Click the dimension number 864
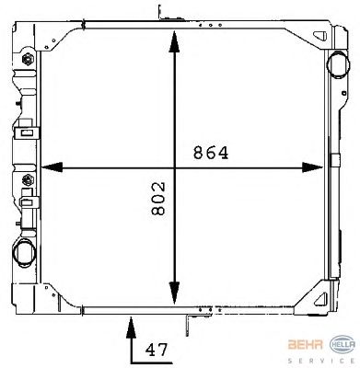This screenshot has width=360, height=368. (211, 153)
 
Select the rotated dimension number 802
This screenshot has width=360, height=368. (158, 199)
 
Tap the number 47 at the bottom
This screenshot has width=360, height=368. (157, 350)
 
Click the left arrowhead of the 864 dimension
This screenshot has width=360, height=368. (52, 167)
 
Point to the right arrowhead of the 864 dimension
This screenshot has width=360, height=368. (312, 167)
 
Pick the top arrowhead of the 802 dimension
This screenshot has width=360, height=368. (174, 41)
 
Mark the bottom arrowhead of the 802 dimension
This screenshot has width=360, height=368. (174, 293)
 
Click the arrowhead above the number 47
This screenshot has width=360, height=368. (131, 328)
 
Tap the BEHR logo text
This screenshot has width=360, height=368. (306, 344)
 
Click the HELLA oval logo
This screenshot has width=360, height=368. (343, 344)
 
